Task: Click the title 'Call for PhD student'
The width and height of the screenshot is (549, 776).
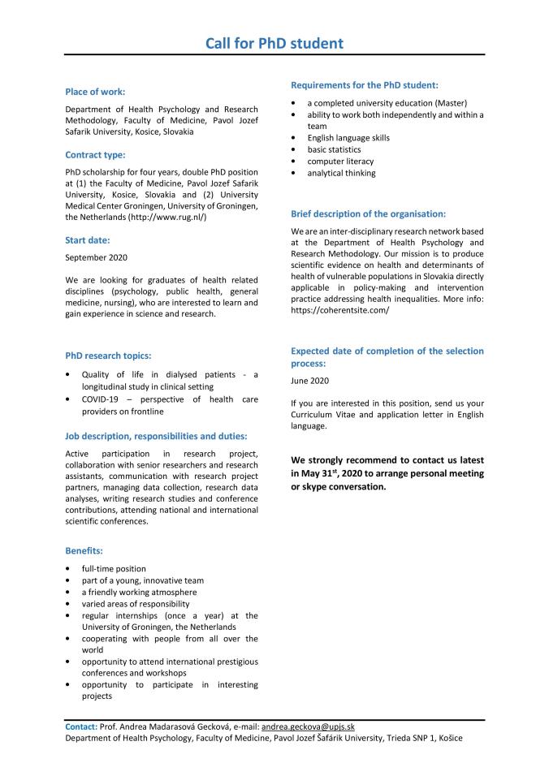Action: (274, 43)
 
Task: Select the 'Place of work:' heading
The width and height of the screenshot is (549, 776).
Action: (95, 92)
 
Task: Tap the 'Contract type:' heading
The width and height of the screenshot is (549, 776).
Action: (95, 154)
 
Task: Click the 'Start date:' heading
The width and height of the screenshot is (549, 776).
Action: (88, 239)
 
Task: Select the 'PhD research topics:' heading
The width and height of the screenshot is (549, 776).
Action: (108, 355)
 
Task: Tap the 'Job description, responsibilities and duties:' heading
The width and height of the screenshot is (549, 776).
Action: (162, 436)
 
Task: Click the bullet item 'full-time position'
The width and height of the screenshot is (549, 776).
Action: (114, 568)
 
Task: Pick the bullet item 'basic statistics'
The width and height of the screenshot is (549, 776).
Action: (334, 149)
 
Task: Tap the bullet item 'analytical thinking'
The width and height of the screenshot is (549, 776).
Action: (341, 173)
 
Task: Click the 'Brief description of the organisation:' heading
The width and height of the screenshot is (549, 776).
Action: (368, 213)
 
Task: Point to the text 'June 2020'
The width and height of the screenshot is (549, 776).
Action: (309, 380)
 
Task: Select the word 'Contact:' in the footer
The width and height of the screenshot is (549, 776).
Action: (81, 727)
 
